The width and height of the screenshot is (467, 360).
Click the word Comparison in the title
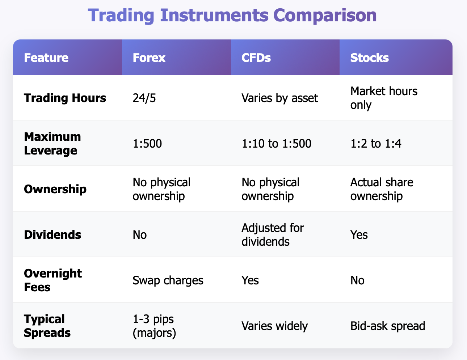[x=325, y=16]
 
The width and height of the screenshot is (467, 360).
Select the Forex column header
[x=149, y=58]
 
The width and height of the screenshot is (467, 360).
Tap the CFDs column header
[x=256, y=58]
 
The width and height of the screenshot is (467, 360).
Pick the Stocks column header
[x=369, y=58]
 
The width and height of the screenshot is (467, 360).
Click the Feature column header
[x=46, y=58]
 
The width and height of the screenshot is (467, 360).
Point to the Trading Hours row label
[x=65, y=98]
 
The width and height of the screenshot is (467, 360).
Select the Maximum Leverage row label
[x=52, y=143]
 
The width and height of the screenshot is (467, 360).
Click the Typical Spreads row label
[x=47, y=326]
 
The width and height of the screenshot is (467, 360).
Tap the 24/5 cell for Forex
[x=144, y=98]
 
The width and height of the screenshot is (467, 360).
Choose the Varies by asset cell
[x=279, y=98]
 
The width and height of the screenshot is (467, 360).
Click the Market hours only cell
[x=384, y=98]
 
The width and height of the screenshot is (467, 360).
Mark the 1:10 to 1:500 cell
[x=276, y=144]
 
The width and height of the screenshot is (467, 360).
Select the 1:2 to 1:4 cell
[x=376, y=144]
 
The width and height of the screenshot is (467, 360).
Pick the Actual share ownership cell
[x=382, y=189]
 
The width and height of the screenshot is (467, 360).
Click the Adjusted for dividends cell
[x=273, y=234]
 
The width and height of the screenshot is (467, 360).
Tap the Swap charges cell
[x=168, y=280]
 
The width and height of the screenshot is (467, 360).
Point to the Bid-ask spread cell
[x=388, y=326]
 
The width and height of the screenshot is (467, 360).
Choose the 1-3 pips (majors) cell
[x=154, y=326]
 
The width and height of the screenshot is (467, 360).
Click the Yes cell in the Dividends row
[x=359, y=234]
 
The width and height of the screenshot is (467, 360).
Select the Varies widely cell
[x=274, y=326]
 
